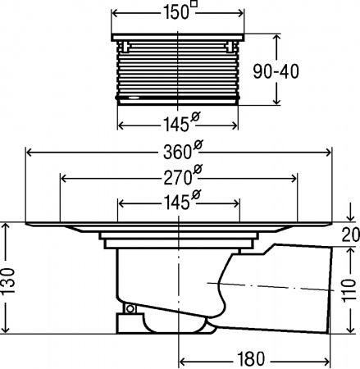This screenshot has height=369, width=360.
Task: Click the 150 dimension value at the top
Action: pos(176,12)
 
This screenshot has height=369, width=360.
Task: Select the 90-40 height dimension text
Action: pos(276,71)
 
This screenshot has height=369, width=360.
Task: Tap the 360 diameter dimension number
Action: pos(177,153)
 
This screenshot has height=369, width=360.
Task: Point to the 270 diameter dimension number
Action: pos(177,178)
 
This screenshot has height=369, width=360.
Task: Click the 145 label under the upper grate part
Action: pos(176,125)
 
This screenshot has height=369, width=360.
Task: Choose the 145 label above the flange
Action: pos(176,203)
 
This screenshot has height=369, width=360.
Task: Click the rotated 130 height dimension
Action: pos(7,281)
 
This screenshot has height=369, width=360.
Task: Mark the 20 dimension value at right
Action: pos(351,235)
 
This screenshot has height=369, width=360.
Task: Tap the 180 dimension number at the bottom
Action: pos(251,359)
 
